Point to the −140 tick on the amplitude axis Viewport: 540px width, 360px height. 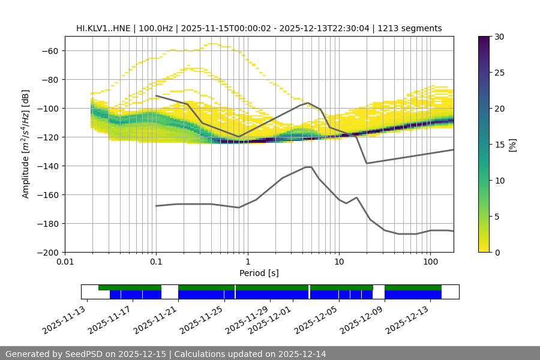49,166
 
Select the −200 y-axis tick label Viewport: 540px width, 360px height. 49,253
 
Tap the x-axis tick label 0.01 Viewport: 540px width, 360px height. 65,262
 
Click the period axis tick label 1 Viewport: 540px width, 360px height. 247,262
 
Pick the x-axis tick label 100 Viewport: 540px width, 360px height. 430,262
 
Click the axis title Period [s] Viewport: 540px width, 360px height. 259,273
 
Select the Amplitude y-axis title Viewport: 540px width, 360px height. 26,144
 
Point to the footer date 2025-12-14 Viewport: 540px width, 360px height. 300,354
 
